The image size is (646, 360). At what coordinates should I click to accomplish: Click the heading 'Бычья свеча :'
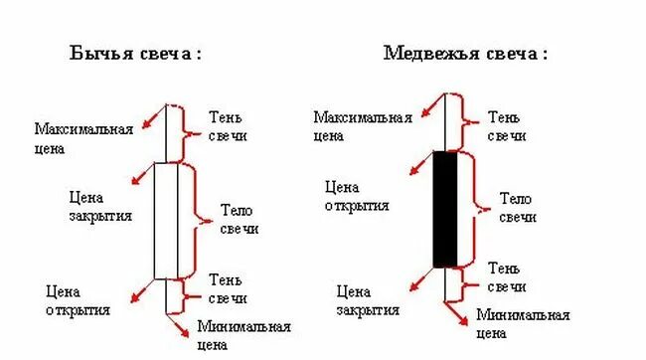134,54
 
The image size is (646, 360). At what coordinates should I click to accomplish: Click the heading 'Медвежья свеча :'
464,54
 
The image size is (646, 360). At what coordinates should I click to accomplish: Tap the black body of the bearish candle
445,209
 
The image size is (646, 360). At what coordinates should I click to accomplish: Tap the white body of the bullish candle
166,220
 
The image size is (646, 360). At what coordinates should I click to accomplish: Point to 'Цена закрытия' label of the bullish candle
99,206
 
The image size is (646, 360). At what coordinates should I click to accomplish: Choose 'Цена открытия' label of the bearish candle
357,195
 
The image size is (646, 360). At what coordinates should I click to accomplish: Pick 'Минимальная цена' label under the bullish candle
243,336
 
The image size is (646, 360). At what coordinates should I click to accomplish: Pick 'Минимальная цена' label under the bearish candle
523,325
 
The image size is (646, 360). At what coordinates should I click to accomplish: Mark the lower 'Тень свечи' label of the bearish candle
507,277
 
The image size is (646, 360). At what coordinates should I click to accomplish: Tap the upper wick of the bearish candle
445,124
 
